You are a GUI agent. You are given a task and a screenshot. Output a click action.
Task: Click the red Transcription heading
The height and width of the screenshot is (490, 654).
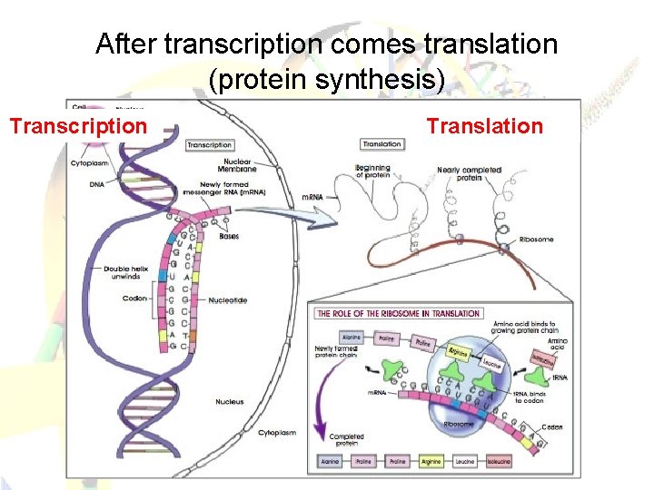78,126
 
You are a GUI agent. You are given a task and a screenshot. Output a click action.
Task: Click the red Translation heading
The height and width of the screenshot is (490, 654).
485,126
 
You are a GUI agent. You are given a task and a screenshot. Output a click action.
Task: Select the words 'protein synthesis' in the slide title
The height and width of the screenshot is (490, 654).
327,81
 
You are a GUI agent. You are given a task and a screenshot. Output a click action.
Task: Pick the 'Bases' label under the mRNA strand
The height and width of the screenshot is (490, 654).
229,237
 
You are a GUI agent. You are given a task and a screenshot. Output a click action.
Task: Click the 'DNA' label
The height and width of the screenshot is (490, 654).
96,184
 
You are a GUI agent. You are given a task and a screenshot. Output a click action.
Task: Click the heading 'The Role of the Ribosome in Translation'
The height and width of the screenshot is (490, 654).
398,313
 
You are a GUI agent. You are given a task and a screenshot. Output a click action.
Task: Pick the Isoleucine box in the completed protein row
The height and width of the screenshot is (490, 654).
500,461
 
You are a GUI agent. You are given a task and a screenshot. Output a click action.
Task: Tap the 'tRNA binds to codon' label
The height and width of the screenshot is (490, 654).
531,397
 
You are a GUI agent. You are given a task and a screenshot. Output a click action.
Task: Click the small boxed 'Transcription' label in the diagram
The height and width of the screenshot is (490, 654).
209,144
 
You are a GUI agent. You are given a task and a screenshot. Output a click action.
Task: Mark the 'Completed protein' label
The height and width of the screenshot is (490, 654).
346,441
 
